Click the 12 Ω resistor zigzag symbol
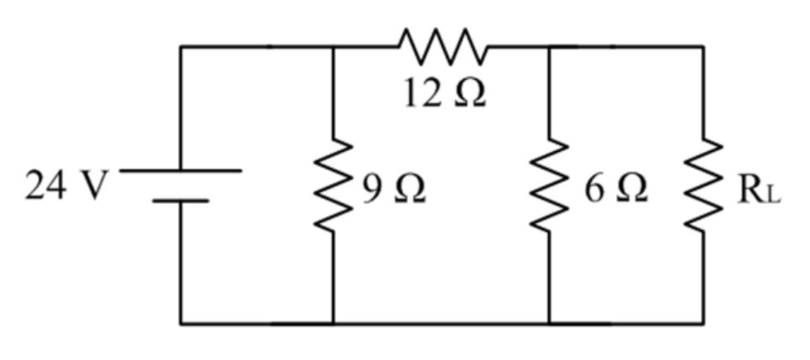(443, 46)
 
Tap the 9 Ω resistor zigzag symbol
(333, 185)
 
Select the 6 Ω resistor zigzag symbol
(549, 185)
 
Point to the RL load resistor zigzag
(703, 185)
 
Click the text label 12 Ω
(445, 93)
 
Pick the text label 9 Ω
(394, 189)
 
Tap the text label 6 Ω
(616, 189)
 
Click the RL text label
(758, 190)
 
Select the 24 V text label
(66, 185)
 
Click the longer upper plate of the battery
(180, 170)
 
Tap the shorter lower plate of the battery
(180, 201)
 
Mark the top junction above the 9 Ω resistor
(333, 46)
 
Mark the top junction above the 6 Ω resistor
(549, 46)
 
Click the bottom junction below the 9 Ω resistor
(333, 324)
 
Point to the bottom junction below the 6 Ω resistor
(549, 324)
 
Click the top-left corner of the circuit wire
(180, 46)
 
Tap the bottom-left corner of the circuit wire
(180, 324)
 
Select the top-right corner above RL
(703, 46)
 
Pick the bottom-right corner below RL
(703, 324)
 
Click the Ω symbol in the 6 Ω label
(631, 189)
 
